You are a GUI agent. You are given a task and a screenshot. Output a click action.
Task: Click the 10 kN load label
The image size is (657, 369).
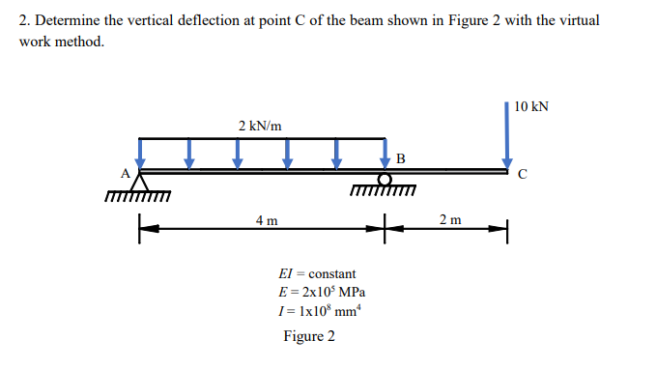(531, 105)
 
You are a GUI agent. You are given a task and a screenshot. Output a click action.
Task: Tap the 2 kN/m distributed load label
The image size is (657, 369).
(260, 126)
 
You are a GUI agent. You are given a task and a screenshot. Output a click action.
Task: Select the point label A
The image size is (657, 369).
(124, 174)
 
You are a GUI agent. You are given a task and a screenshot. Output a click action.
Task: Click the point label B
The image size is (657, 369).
(400, 158)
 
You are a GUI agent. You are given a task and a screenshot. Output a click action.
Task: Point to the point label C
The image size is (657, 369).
(522, 176)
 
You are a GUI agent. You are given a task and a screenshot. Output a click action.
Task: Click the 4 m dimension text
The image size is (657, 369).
(268, 220)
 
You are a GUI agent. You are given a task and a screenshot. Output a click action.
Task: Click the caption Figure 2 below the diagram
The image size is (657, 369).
(308, 336)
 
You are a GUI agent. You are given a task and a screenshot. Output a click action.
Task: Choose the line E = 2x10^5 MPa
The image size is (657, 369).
(321, 293)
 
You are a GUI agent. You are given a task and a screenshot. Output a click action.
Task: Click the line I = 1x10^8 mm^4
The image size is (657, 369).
(319, 311)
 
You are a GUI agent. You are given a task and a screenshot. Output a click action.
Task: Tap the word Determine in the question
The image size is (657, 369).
(71, 20)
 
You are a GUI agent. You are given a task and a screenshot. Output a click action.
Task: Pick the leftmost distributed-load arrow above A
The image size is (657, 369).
(141, 153)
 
